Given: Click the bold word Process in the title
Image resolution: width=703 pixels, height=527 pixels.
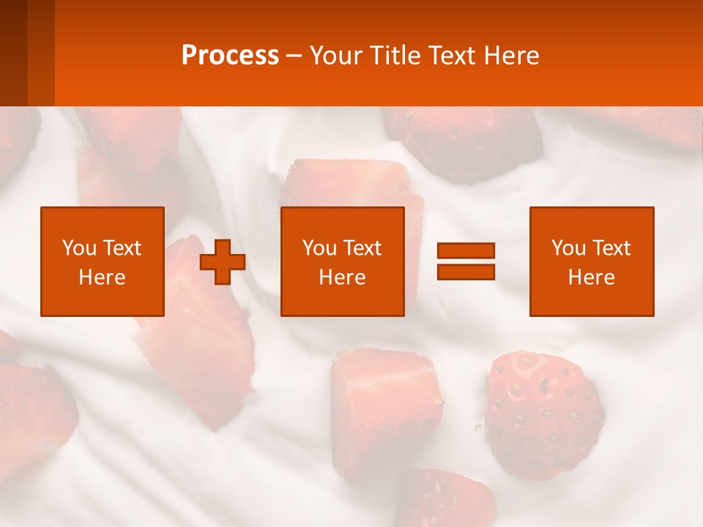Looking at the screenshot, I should tap(230, 56).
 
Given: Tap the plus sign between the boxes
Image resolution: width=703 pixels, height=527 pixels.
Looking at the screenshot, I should tap(223, 261).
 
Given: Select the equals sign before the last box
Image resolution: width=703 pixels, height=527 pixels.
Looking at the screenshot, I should tap(466, 261).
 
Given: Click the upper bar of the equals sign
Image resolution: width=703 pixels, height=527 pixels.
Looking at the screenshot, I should tap(466, 251).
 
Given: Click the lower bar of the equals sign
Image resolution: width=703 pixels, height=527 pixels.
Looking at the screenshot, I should tap(466, 272).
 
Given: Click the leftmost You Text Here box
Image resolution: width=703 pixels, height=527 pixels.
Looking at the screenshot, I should tap(103, 261).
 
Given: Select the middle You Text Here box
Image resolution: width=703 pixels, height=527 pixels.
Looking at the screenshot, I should tap(343, 261).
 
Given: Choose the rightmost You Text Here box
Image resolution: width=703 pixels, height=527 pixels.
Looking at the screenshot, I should tap(592, 261).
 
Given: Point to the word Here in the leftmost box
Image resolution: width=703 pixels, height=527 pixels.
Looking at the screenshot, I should tap(103, 277).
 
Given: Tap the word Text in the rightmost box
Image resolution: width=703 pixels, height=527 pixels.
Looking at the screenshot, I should tap(611, 248).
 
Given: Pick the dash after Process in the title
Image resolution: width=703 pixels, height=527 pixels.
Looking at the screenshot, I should tap(294, 56).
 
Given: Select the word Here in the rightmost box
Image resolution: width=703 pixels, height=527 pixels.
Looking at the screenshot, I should tap(592, 277).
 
